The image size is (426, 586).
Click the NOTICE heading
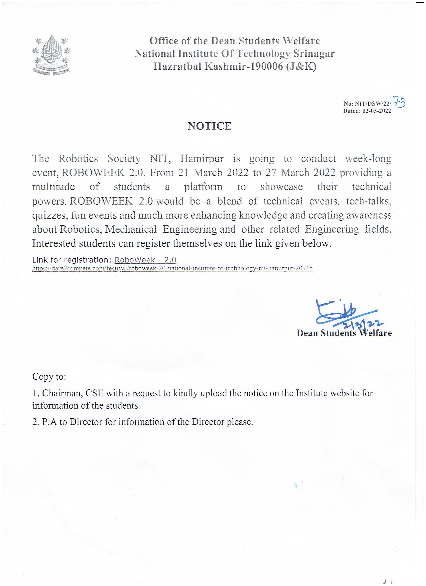tap(209, 126)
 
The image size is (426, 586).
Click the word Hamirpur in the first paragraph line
tap(202, 158)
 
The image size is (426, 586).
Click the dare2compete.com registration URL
tap(172, 268)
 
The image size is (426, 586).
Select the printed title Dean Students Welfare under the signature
tap(344, 333)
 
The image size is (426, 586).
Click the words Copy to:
tap(49, 377)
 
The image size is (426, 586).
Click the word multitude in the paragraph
tap(53, 186)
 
